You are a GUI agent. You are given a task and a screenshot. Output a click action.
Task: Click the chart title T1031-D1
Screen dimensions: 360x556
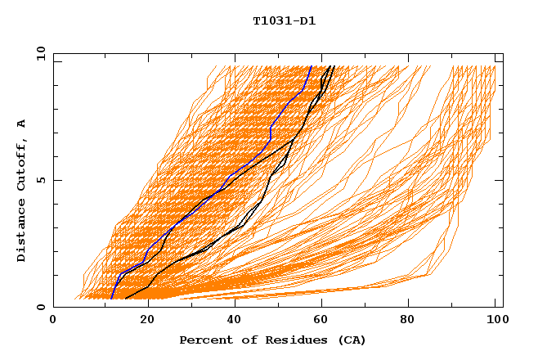pyautogui.click(x=284, y=21)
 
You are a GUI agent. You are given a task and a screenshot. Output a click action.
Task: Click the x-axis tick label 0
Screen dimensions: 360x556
pyautogui.click(x=53, y=322)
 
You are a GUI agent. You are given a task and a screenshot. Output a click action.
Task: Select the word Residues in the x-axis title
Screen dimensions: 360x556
pyautogui.click(x=287, y=340)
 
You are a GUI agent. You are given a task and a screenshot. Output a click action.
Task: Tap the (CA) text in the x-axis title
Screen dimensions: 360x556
pyautogui.click(x=352, y=340)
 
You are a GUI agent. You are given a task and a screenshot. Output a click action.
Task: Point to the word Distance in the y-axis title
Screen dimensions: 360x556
pyautogui.click(x=22, y=234)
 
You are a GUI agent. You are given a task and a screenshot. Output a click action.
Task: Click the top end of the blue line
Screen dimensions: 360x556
pyautogui.click(x=312, y=66)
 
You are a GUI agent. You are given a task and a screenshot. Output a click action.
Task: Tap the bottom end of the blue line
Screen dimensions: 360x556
pyautogui.click(x=111, y=299)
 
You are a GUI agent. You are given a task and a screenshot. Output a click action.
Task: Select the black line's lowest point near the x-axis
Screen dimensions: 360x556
pyautogui.click(x=125, y=299)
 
